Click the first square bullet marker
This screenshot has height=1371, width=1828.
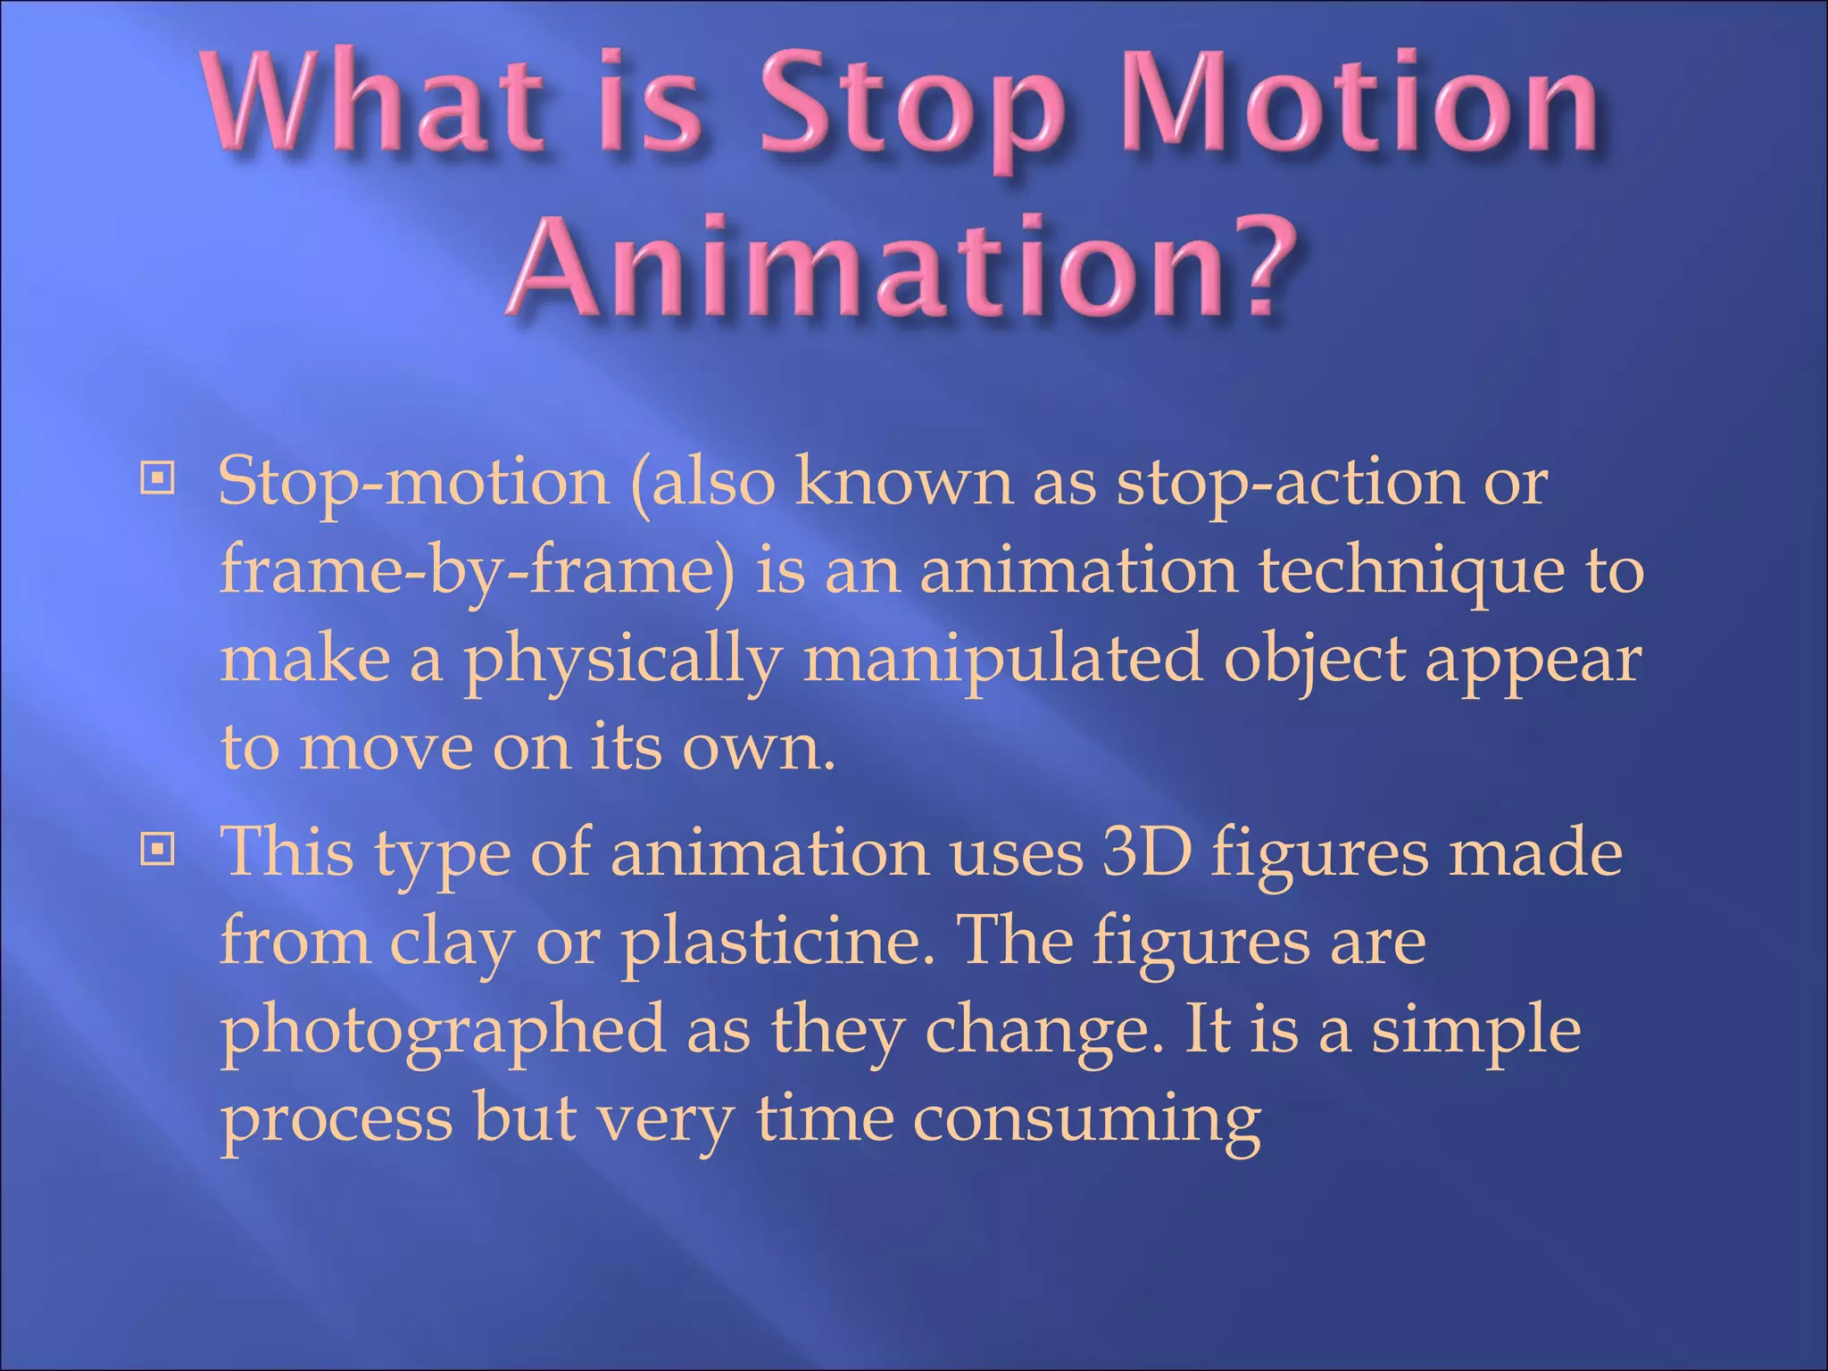coord(158,478)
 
